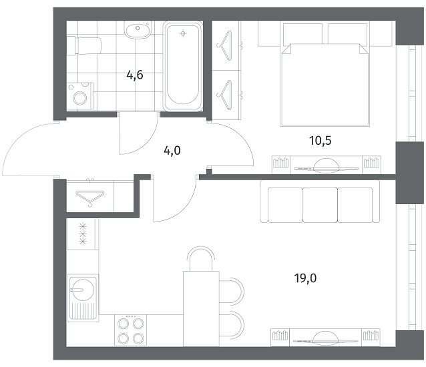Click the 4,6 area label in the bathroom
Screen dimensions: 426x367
(135, 75)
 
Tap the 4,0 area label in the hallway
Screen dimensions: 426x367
(172, 150)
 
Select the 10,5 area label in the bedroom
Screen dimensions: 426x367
(321, 141)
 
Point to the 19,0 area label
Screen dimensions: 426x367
(305, 278)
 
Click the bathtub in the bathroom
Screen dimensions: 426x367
(183, 66)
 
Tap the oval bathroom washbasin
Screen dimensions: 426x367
(137, 30)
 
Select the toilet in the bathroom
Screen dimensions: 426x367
(84, 45)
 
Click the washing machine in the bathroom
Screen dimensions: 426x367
(80, 97)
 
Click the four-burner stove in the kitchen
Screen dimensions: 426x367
(130, 330)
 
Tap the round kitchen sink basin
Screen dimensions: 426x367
(82, 289)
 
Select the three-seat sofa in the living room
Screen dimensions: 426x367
(320, 201)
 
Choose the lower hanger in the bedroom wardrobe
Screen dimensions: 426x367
(225, 95)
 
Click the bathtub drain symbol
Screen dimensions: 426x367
(183, 33)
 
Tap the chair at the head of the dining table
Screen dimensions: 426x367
(200, 258)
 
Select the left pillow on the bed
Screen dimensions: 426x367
(302, 33)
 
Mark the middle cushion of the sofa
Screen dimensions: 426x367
(320, 205)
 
